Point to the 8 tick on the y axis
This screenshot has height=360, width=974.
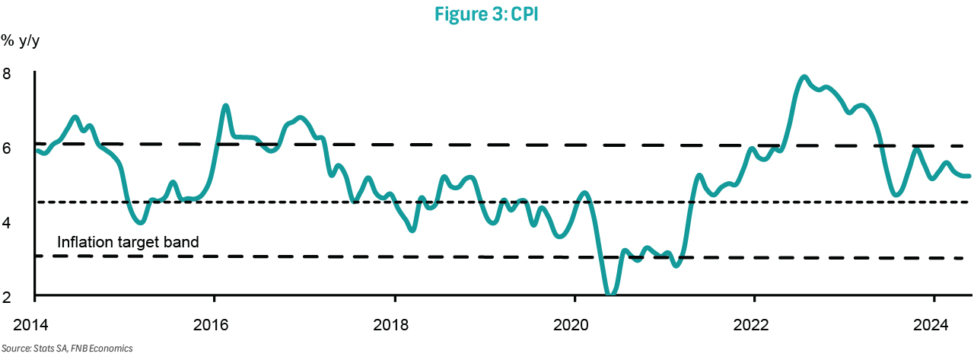pyautogui.click(x=7, y=75)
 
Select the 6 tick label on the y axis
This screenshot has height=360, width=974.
pyautogui.click(x=7, y=149)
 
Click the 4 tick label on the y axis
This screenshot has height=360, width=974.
pyautogui.click(x=7, y=223)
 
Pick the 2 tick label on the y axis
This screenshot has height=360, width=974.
pyautogui.click(x=7, y=296)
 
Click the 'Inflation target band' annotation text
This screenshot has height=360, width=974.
pyautogui.click(x=128, y=243)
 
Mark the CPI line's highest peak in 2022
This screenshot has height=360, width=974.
pyautogui.click(x=804, y=77)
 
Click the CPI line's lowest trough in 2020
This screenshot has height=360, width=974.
pyautogui.click(x=610, y=292)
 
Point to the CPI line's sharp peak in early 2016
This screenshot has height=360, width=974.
pyautogui.click(x=225, y=106)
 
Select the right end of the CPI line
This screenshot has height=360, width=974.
pyautogui.click(x=969, y=176)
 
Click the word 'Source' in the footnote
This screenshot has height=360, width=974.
pyautogui.click(x=14, y=348)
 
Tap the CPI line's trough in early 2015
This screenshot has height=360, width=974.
pyautogui.click(x=140, y=222)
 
